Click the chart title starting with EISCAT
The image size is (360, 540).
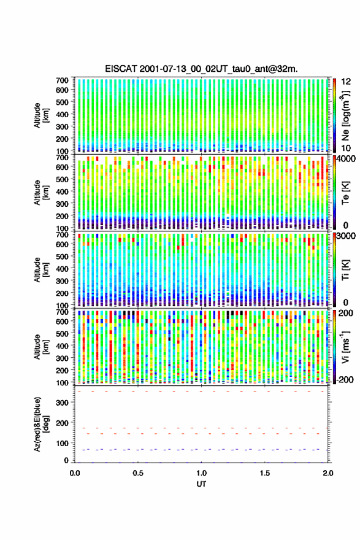click(x=201, y=69)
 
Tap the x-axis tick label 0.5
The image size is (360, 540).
click(x=138, y=473)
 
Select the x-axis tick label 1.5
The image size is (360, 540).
click(x=265, y=473)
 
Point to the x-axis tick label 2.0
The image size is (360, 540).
click(x=328, y=473)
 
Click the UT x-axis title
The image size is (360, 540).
click(x=201, y=484)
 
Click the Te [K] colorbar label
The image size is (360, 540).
click(x=346, y=193)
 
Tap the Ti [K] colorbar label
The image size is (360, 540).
click(x=346, y=270)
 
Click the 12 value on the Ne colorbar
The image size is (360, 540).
click(x=347, y=82)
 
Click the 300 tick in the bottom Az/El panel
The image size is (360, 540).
click(x=62, y=403)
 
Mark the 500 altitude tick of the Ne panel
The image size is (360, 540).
click(x=62, y=102)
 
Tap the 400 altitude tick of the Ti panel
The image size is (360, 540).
click(x=62, y=269)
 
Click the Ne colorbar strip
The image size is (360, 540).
click(x=334, y=115)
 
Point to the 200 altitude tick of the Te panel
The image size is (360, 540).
click(x=62, y=216)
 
